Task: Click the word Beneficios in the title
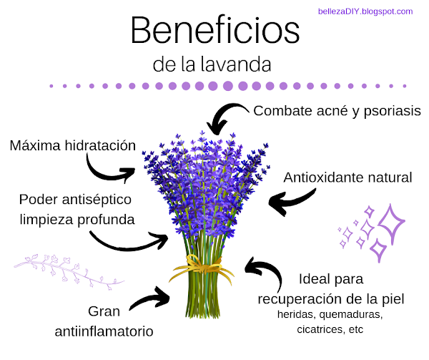click(215, 30)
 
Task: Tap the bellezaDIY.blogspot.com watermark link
click(365, 11)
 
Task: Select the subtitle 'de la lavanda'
click(212, 64)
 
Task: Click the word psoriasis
click(392, 112)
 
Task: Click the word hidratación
click(100, 145)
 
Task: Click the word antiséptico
click(97, 200)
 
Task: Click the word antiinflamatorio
click(104, 331)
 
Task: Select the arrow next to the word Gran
click(150, 298)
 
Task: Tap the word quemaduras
click(351, 315)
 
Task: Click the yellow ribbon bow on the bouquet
click(202, 268)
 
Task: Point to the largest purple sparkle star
click(391, 224)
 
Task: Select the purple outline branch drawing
click(69, 272)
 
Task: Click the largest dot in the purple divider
click(227, 86)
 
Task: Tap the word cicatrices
click(320, 329)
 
